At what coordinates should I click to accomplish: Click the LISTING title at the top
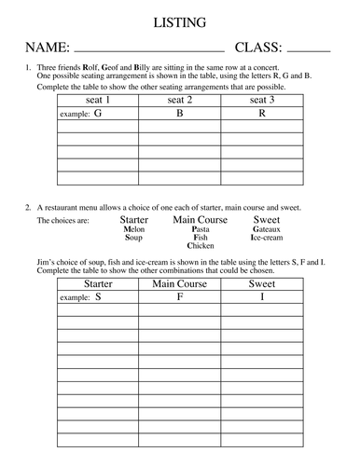pos(180,20)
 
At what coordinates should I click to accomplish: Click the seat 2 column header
pos(179,100)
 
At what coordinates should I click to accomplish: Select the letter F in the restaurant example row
pos(179,297)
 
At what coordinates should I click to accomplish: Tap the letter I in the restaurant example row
pos(261,297)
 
